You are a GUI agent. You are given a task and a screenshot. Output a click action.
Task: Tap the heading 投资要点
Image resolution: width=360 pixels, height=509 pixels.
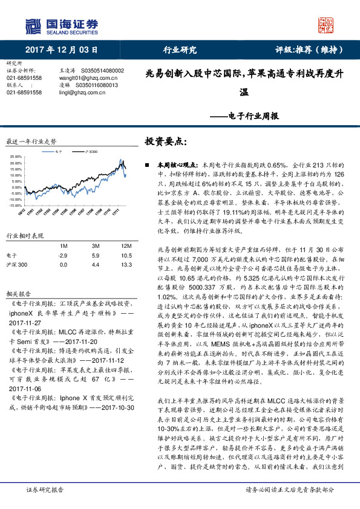click(166, 141)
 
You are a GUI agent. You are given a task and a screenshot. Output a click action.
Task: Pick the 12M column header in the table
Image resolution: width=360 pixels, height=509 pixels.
click(125, 245)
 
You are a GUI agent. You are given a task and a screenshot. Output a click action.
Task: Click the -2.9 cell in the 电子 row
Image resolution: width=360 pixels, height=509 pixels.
click(62, 256)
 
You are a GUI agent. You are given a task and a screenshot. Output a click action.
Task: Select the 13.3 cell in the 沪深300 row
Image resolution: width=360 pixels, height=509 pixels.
click(125, 265)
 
